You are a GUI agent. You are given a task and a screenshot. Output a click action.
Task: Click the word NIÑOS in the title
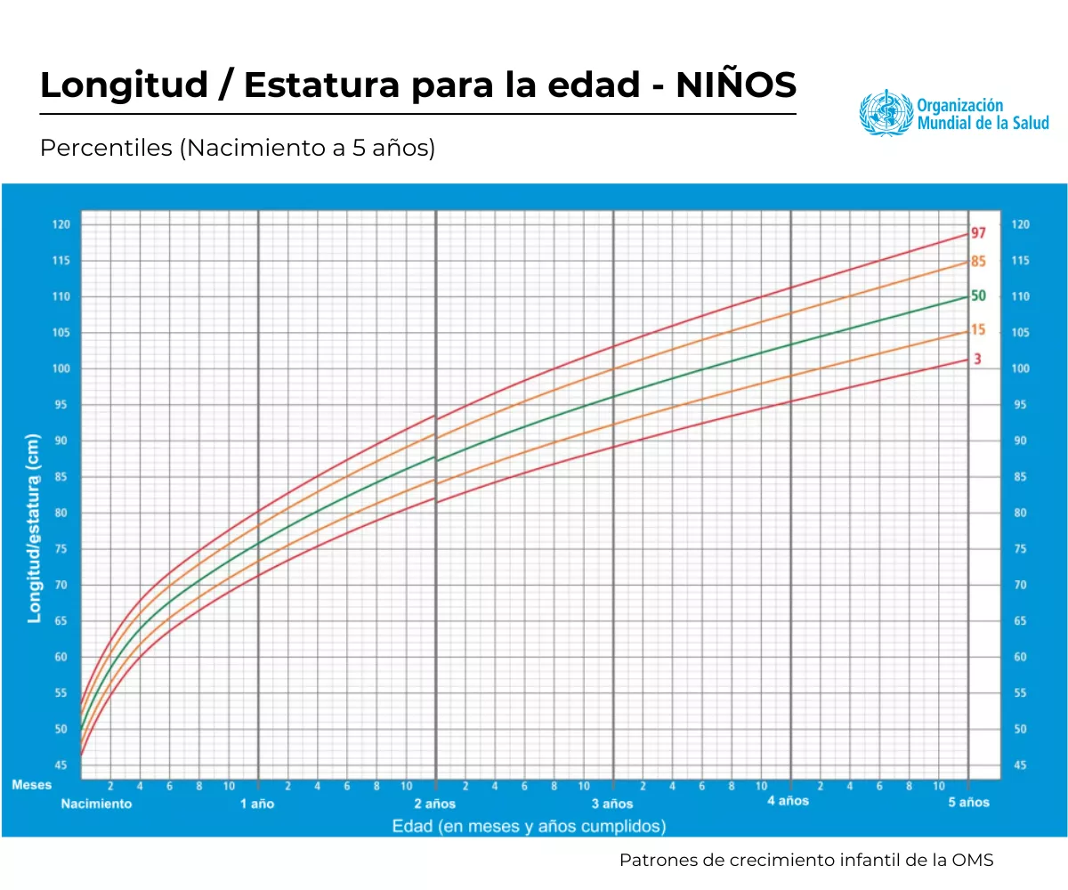click(x=736, y=85)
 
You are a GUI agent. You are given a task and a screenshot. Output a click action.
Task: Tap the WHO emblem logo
click(x=886, y=113)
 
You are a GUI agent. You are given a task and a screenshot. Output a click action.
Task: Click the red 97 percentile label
click(x=978, y=233)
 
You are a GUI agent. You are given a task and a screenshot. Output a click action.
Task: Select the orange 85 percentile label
click(x=978, y=262)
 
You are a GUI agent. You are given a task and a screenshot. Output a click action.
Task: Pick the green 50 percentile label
click(x=978, y=295)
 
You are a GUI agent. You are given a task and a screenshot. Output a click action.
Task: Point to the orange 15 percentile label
click(x=978, y=330)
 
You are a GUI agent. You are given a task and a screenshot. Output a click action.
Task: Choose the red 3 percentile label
click(x=977, y=360)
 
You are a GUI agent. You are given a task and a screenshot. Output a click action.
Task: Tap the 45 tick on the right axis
click(x=1020, y=765)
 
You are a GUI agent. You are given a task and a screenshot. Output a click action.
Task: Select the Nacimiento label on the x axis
click(x=96, y=804)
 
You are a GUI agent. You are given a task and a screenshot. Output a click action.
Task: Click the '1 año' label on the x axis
click(x=258, y=804)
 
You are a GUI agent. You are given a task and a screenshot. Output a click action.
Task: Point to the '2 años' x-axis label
click(x=435, y=804)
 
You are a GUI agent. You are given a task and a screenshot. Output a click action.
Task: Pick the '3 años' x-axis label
click(x=612, y=804)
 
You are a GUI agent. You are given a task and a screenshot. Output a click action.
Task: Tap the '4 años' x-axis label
click(x=789, y=801)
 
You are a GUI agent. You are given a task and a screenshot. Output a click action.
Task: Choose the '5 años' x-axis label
click(x=968, y=803)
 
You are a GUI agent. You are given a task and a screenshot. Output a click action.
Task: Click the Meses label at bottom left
click(x=32, y=785)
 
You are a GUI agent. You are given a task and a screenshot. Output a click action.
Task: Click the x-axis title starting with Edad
click(x=529, y=827)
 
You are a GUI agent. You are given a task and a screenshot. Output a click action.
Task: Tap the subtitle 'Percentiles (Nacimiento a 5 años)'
click(x=238, y=149)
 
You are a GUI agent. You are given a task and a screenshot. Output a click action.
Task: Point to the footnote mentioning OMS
click(x=806, y=861)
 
